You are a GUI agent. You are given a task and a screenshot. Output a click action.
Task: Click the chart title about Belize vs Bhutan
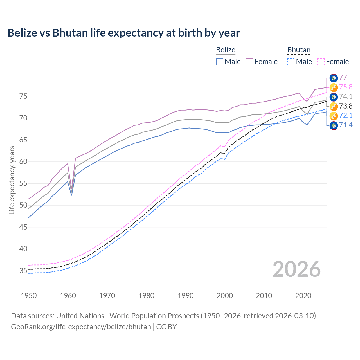123,33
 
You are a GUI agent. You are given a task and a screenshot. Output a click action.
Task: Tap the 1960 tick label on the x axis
68,296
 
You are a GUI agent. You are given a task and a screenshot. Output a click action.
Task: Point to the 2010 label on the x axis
264,296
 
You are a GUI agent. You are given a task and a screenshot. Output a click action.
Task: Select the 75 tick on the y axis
23,96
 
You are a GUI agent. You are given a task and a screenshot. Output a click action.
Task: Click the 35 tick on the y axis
23,271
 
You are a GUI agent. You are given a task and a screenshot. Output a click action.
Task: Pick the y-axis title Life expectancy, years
12,180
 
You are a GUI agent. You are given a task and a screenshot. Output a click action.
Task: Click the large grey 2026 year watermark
296,269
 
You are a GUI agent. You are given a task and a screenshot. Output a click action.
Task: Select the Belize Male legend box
220,62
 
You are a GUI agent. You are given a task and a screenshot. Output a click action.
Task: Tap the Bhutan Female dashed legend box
321,62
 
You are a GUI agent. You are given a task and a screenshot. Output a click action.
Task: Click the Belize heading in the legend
226,50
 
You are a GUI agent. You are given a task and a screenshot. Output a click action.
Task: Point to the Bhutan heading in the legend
299,50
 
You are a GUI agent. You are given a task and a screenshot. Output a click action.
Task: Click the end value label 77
343,78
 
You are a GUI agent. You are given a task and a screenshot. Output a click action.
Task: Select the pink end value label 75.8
346,87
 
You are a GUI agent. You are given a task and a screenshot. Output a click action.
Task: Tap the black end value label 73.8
346,106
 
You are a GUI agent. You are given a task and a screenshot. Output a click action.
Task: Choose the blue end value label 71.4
346,125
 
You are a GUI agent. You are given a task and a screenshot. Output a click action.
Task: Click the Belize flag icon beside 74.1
334,97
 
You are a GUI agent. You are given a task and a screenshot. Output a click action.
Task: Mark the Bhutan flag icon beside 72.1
334,116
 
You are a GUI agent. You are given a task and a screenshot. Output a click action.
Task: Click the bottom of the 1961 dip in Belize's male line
72,195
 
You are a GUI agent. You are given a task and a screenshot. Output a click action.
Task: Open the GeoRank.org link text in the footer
81,327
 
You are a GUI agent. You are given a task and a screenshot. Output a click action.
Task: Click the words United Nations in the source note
80,316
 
